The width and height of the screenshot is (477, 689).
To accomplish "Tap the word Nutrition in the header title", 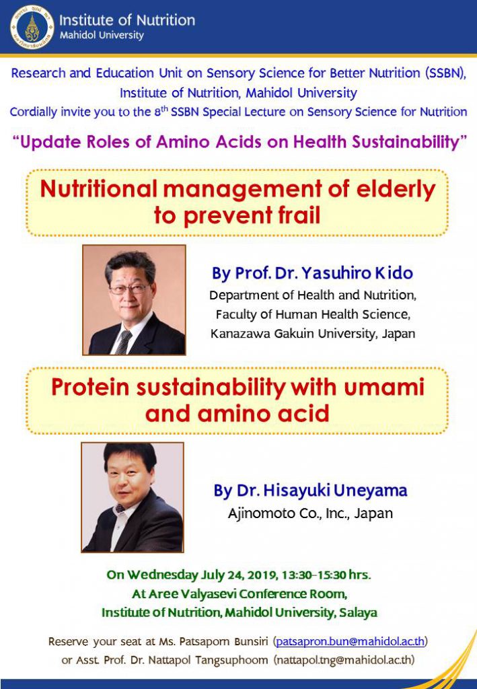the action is click(x=165, y=20).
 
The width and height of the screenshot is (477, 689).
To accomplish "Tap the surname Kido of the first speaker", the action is click(x=394, y=273).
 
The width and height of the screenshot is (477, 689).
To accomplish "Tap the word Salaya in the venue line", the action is click(x=358, y=612).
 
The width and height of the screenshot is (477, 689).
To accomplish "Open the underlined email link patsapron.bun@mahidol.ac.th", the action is click(x=351, y=641).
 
